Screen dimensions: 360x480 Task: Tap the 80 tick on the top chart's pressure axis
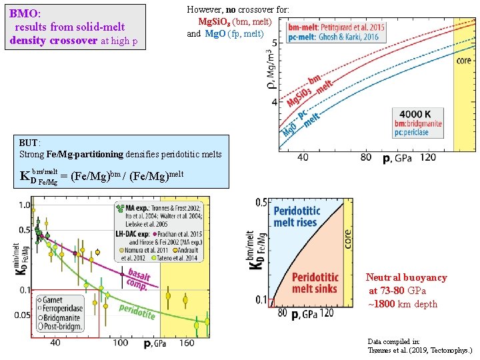366,157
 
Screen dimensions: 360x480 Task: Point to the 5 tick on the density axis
275,43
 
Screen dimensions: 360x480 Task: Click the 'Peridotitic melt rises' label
297,217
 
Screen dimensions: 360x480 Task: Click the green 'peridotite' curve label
137,310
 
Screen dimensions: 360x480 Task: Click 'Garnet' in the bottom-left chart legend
53,301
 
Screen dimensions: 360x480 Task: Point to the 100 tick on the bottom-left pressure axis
120,343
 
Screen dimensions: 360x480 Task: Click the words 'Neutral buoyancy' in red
406,277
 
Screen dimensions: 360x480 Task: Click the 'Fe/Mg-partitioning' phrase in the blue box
85,154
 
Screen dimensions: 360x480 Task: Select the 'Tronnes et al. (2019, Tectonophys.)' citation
419,350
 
